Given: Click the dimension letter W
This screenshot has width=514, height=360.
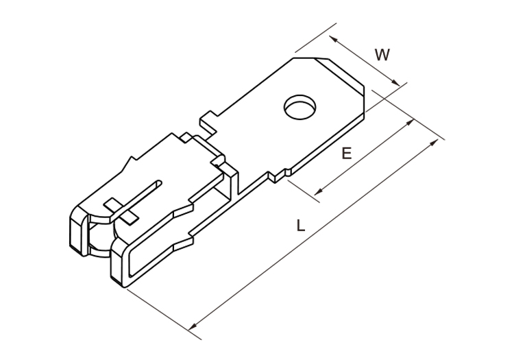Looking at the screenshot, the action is coord(382,54).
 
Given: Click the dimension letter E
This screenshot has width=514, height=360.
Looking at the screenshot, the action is coord(347,153).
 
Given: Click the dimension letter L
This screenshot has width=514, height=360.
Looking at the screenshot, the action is coord(301,225).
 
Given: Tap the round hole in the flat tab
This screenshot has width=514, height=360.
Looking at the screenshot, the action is coord(300,107).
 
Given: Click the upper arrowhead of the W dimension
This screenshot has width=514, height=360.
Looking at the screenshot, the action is coord(333,38).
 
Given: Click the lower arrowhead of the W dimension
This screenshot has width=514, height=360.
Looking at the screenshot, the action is coord(395,82).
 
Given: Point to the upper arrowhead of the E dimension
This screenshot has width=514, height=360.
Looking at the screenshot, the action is coord(409,123).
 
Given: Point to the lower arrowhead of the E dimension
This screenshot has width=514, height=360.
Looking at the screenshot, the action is coord(319,191).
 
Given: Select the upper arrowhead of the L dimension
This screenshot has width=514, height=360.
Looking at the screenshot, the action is coord(433,143).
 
